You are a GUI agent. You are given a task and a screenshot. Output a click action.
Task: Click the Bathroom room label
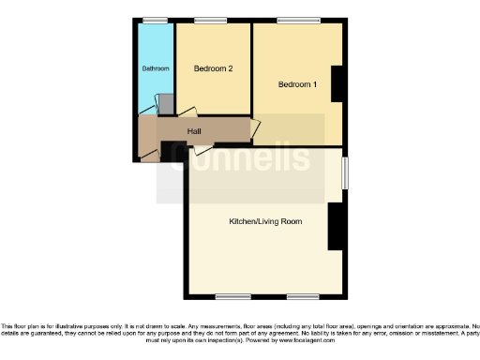click(x=156, y=68)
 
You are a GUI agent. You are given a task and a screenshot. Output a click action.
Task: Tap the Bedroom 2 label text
click(x=213, y=68)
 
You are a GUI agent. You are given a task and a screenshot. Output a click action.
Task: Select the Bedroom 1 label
click(x=297, y=85)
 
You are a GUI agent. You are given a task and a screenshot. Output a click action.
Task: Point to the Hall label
click(x=194, y=131)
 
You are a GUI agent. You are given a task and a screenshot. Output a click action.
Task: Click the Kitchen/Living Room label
click(x=265, y=222)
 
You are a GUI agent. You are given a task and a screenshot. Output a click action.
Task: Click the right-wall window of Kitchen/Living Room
click(x=345, y=172)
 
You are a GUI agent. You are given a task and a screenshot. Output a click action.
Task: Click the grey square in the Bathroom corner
click(x=165, y=104)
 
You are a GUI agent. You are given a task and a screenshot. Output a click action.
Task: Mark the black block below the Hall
click(x=170, y=151)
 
